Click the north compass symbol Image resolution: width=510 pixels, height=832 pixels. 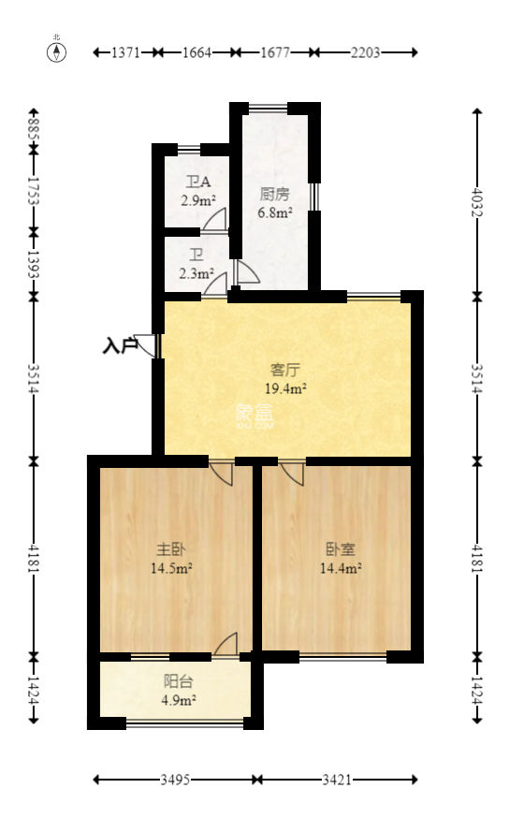pyautogui.click(x=57, y=51)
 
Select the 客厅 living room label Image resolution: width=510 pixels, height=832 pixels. pyautogui.click(x=284, y=369)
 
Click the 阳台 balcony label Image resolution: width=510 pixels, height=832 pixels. pyautogui.click(x=175, y=682)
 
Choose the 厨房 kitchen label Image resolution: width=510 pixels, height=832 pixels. pyautogui.click(x=274, y=195)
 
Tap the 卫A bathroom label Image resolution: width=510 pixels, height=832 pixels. pyautogui.click(x=197, y=182)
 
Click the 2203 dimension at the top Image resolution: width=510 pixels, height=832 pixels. pyautogui.click(x=365, y=53)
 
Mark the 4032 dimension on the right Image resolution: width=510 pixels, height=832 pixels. pyautogui.click(x=477, y=203)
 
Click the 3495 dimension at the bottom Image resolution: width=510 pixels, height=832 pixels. pyautogui.click(x=174, y=780)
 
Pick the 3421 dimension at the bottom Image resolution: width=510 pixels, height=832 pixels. pyautogui.click(x=336, y=780)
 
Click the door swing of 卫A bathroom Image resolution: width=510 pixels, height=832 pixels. pyautogui.click(x=215, y=220)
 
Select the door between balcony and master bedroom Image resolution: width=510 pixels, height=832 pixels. pyautogui.click(x=226, y=645)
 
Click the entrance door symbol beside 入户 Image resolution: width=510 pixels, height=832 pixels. pyautogui.click(x=147, y=345)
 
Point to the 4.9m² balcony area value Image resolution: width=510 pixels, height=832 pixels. pyautogui.click(x=175, y=700)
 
